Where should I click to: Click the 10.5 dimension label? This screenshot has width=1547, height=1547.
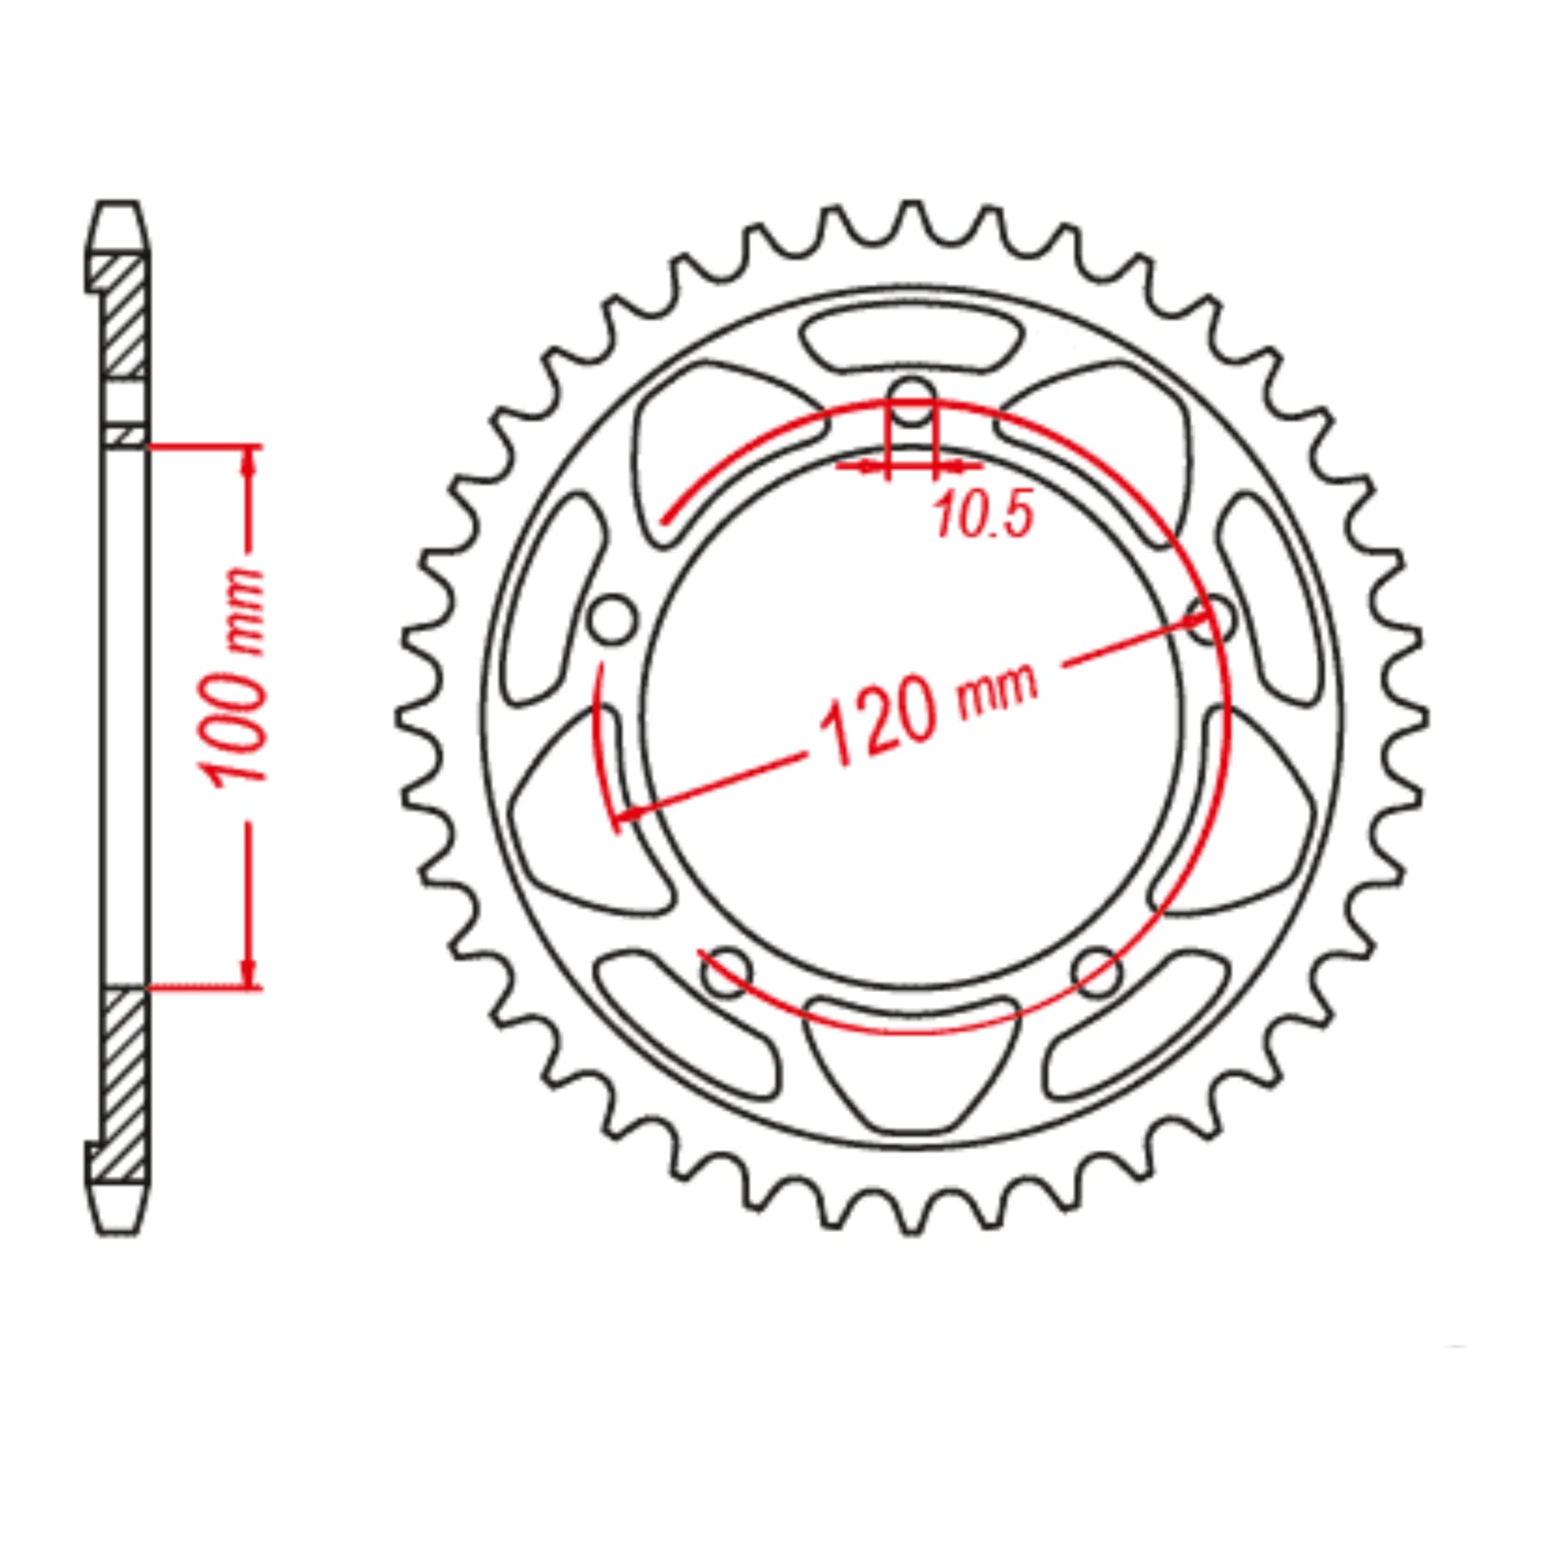point(984,515)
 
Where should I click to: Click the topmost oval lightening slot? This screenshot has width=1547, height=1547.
point(911,339)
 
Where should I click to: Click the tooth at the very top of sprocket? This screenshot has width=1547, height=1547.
point(911,219)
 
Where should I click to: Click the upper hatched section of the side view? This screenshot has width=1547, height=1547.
point(123,314)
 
